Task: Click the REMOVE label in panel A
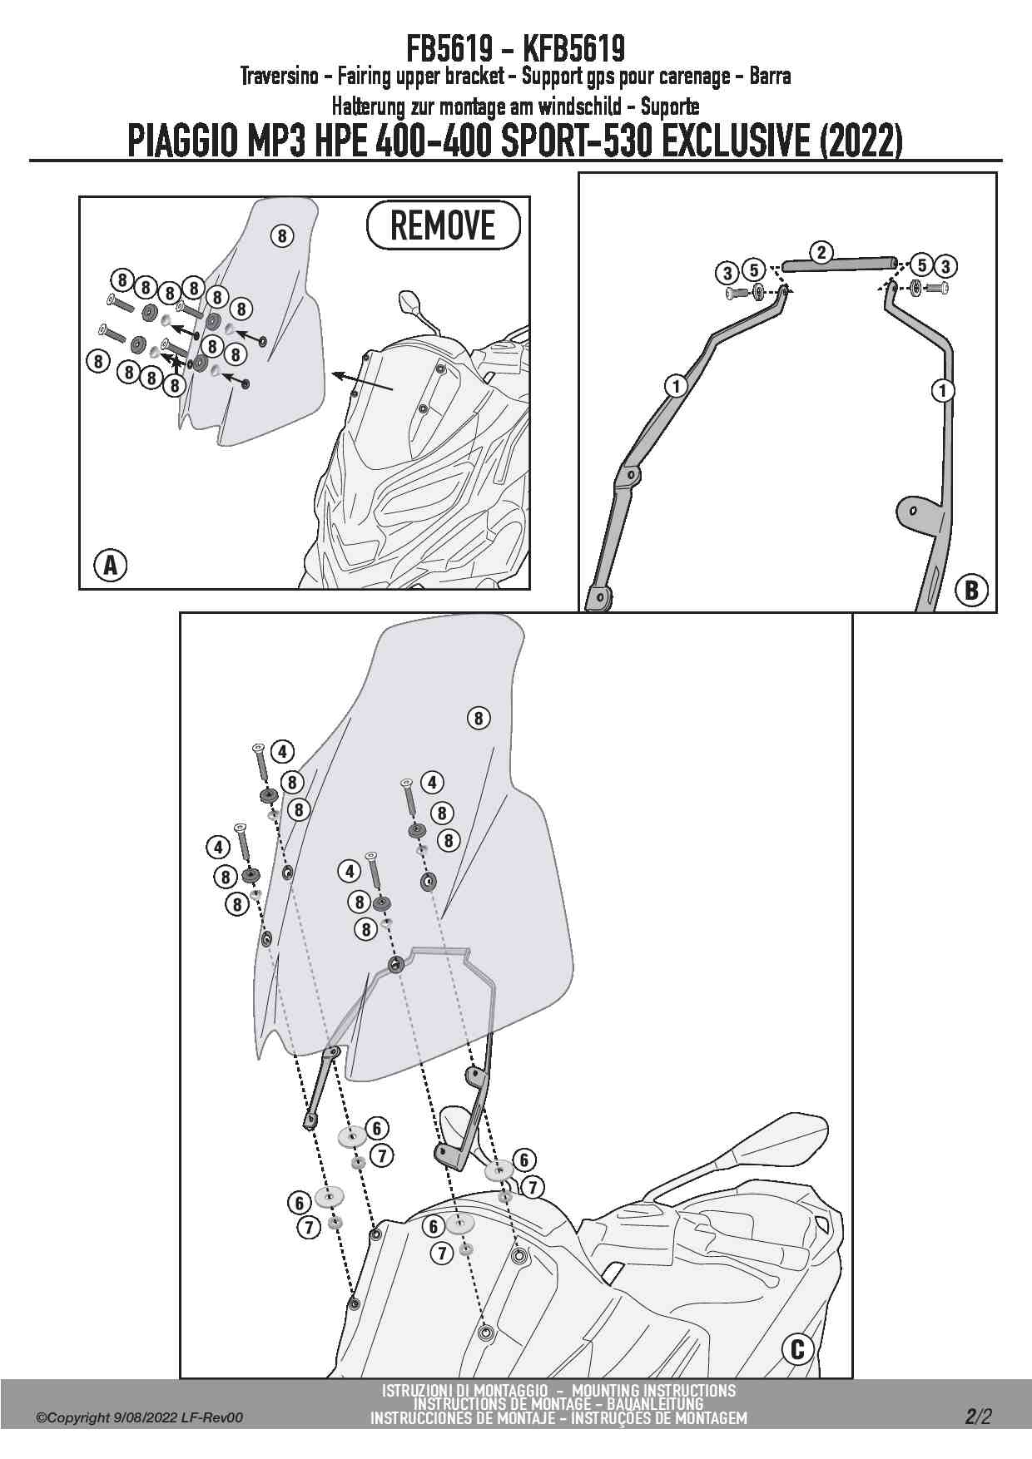[443, 225]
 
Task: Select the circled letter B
[970, 590]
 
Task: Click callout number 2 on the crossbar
[821, 252]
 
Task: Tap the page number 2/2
[979, 1416]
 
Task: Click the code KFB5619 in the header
[573, 48]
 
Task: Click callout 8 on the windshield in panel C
[479, 718]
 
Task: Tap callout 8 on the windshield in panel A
[282, 235]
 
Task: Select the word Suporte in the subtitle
[670, 106]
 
